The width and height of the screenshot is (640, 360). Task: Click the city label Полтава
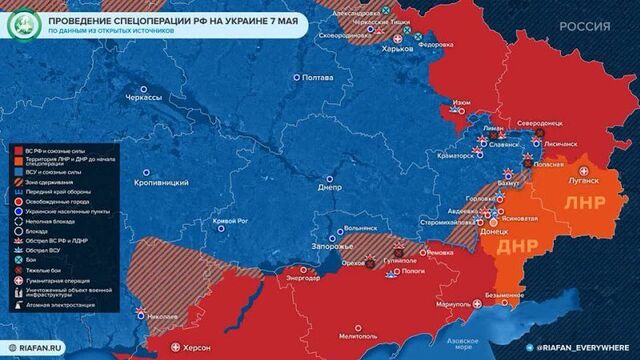click(x=318, y=78)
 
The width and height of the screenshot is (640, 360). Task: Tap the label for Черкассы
click(x=144, y=98)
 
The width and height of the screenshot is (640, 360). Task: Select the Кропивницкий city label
click(x=162, y=184)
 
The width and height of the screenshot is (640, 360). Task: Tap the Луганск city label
click(x=584, y=181)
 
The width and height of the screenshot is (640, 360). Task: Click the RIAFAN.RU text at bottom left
click(x=37, y=346)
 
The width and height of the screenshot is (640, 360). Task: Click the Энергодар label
click(x=303, y=277)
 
